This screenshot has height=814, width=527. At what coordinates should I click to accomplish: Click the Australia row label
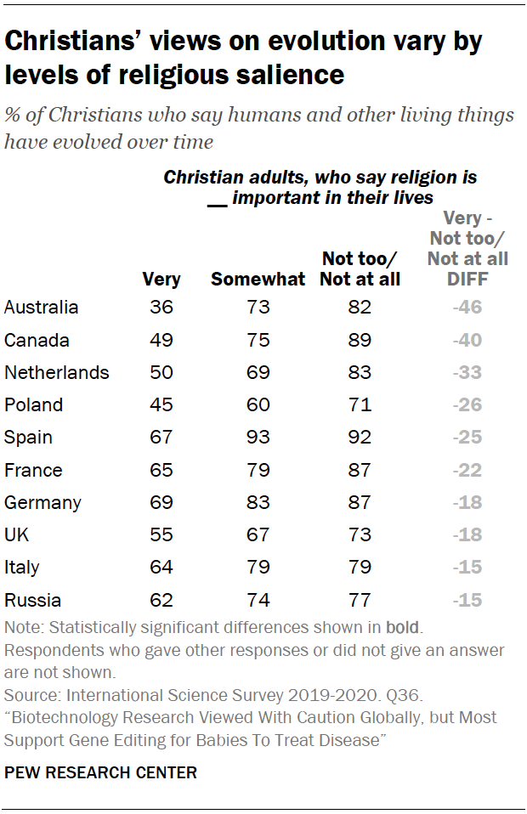pos(41,308)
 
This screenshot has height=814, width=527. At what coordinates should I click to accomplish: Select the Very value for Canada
pos(161,340)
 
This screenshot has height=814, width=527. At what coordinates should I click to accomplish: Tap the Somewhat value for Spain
pos(258,438)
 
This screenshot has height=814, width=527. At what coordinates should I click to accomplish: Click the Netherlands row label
pos(56,372)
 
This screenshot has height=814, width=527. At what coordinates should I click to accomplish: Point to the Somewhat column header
pos(258,279)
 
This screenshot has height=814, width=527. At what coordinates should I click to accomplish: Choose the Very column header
pos(161,279)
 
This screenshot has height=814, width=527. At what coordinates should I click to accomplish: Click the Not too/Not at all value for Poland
pos(360,405)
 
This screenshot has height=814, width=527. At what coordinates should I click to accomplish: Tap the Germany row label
pos(42,502)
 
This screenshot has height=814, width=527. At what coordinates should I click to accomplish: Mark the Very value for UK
pos(161,535)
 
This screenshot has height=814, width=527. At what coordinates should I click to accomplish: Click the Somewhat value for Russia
pos(258,600)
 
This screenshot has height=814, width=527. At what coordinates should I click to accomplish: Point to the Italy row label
pos(22,568)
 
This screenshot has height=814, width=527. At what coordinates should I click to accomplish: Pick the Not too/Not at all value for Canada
pos(360,340)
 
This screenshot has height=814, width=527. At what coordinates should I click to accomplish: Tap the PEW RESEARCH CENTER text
pos(101,772)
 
